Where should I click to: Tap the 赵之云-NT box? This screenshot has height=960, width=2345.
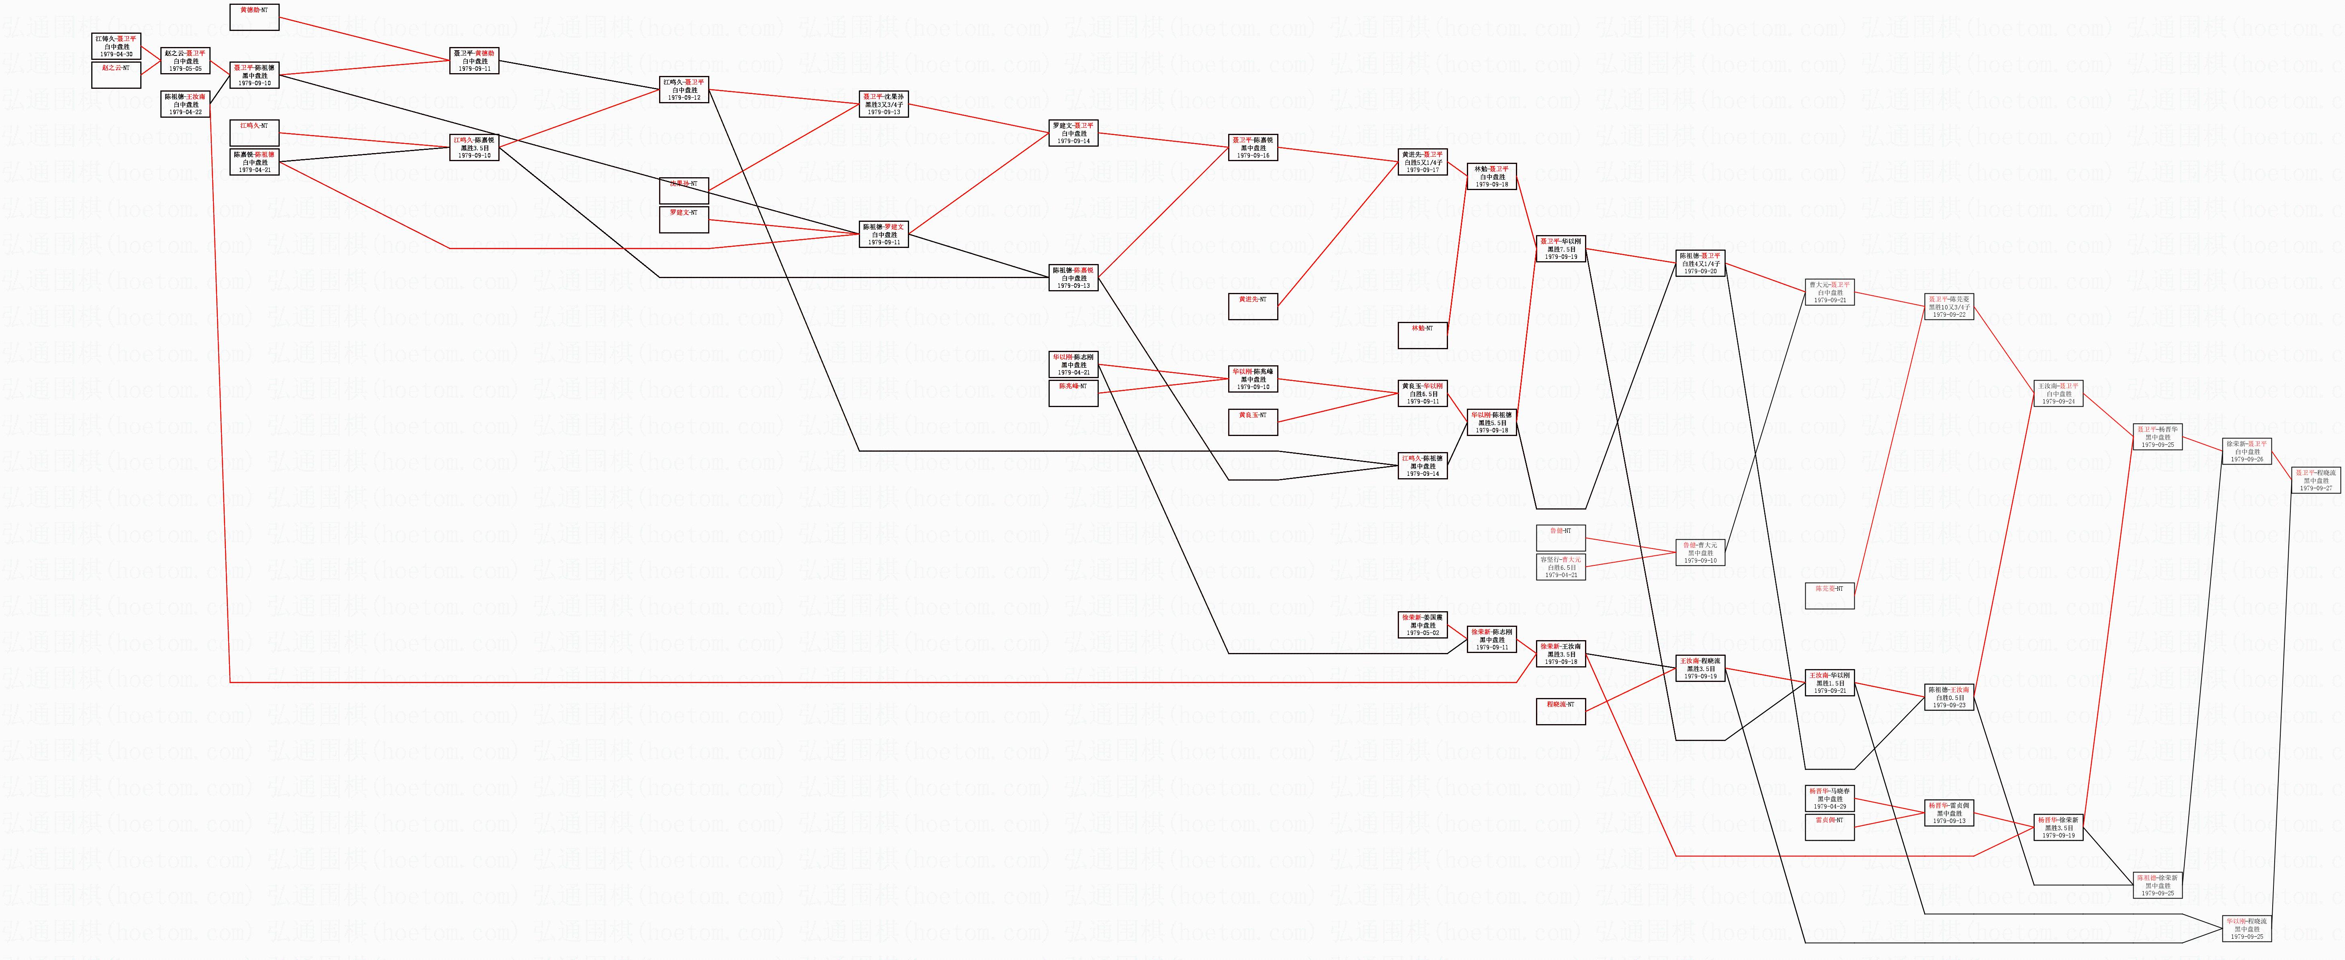(117, 75)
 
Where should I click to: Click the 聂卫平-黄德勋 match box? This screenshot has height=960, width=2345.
(474, 60)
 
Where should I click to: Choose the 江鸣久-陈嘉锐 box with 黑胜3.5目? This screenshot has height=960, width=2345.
(474, 147)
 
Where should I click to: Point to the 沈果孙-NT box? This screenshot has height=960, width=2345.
(684, 190)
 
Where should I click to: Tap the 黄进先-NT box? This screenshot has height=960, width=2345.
(1253, 307)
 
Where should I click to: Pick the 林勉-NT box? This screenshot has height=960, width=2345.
(1422, 335)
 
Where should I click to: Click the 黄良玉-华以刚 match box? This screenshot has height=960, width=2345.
(1422, 393)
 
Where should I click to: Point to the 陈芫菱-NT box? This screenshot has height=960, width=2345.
(1829, 595)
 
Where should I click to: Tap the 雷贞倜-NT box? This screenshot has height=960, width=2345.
(1829, 826)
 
